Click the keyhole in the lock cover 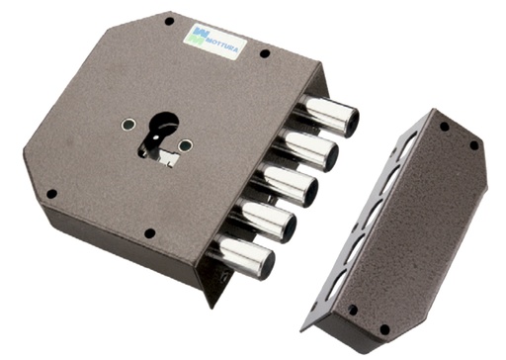tap(160, 132)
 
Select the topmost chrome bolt tap(332, 117)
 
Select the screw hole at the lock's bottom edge tap(148, 234)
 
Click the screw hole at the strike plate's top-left tap(444, 127)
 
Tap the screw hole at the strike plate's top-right tap(473, 144)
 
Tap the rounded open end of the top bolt tap(350, 119)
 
